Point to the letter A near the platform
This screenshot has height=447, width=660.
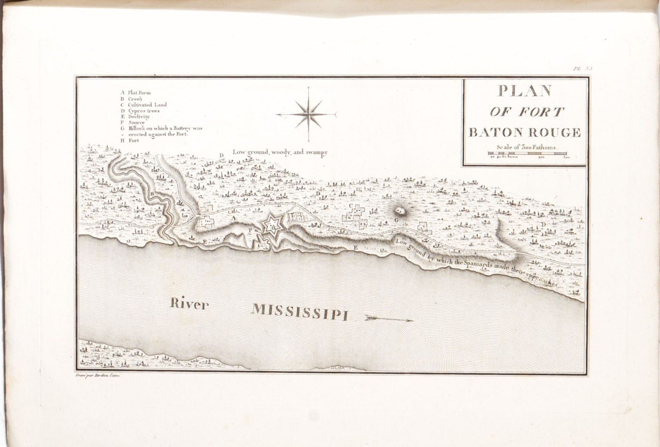(233, 217)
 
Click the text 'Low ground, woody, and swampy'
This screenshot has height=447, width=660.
(280, 152)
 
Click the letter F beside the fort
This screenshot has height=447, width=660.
(250, 230)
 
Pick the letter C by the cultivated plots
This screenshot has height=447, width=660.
(351, 205)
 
